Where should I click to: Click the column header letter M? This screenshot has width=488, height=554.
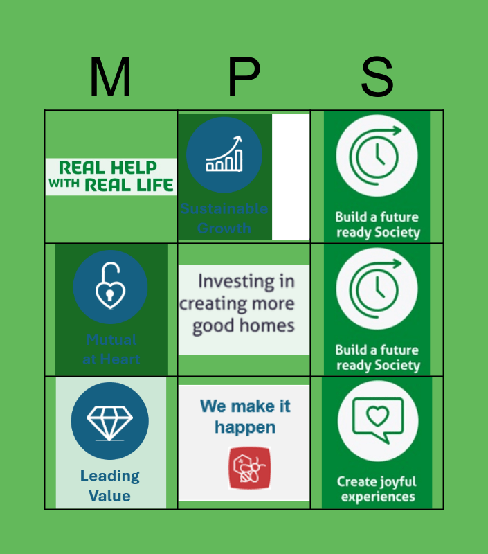pyautogui.click(x=110, y=78)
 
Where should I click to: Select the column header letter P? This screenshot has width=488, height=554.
pyautogui.click(x=244, y=78)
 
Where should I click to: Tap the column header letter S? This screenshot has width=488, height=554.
pyautogui.click(x=377, y=78)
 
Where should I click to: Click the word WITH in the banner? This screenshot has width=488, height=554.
pyautogui.click(x=64, y=185)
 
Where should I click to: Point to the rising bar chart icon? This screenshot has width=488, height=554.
pyautogui.click(x=224, y=154)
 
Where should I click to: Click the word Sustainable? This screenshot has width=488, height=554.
pyautogui.click(x=224, y=208)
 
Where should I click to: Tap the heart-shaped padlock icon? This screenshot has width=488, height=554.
pyautogui.click(x=110, y=286)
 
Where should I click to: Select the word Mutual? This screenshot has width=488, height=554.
pyautogui.click(x=111, y=340)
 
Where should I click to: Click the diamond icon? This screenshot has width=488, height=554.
pyautogui.click(x=109, y=420)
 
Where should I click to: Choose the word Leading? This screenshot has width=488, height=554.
pyautogui.click(x=109, y=476)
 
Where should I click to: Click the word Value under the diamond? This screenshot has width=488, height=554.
pyautogui.click(x=109, y=495)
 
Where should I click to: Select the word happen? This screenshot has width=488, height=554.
pyautogui.click(x=244, y=427)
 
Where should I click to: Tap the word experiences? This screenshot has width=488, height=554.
pyautogui.click(x=378, y=497)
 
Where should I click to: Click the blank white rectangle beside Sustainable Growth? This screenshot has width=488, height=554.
pyautogui.click(x=291, y=177)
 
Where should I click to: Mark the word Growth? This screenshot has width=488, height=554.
pyautogui.click(x=224, y=228)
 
